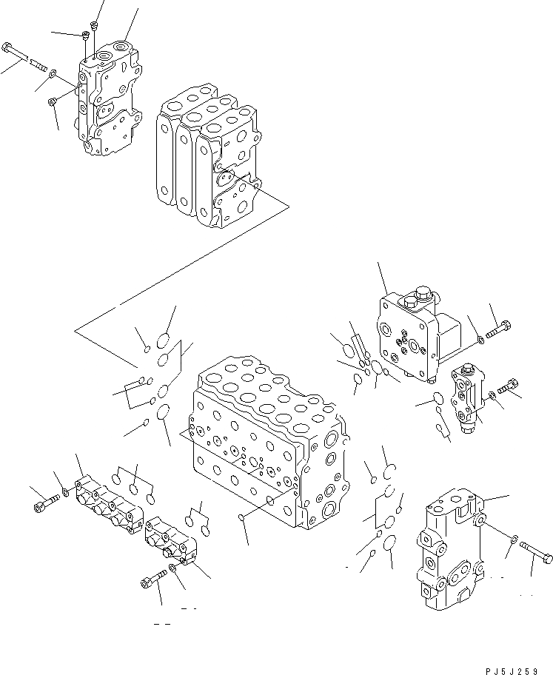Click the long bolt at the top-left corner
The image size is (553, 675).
point(22,54)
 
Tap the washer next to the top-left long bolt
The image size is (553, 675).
point(52,73)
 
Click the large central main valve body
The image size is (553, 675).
point(267,444)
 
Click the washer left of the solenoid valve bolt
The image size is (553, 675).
point(481,340)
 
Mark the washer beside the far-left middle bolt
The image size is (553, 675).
point(66,492)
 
